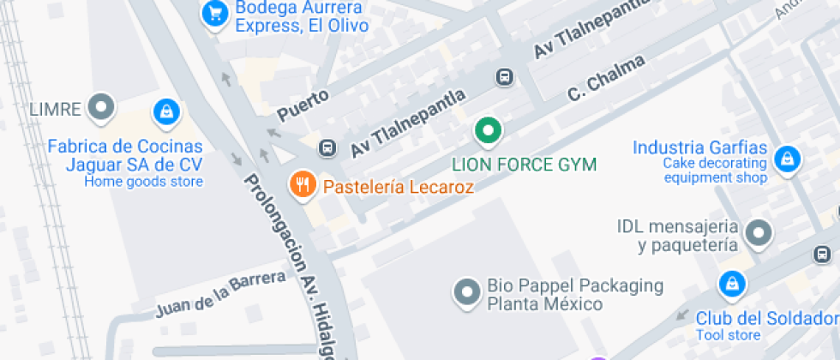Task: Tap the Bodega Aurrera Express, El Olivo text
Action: [x=291, y=17]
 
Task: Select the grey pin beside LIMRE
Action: [x=103, y=108]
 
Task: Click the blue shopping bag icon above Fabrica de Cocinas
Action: [x=165, y=111]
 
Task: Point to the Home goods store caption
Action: [x=144, y=181]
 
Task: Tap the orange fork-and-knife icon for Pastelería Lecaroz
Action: [x=302, y=183]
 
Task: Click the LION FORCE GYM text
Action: [x=525, y=164]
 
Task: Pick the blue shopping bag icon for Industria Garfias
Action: [x=785, y=158]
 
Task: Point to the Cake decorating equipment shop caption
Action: [x=715, y=171]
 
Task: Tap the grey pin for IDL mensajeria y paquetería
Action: [x=758, y=232]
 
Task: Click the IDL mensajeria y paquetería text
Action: [x=677, y=236]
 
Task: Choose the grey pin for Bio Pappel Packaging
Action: [x=466, y=291]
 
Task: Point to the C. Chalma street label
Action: [x=606, y=82]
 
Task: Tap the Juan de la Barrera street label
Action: [x=220, y=294]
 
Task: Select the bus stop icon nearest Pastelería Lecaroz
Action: [x=327, y=147]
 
